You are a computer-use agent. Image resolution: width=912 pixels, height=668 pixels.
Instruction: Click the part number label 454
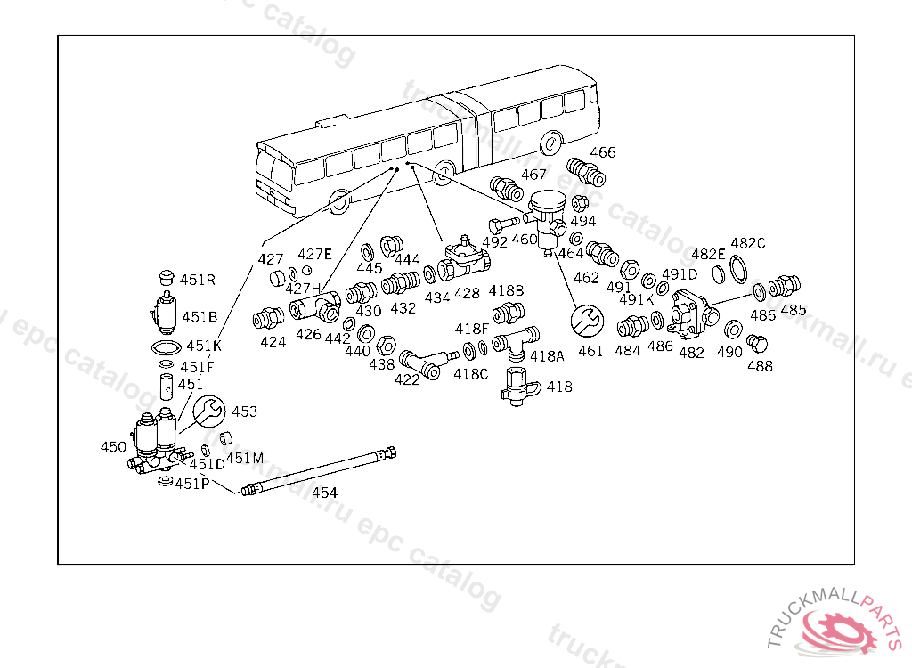324,493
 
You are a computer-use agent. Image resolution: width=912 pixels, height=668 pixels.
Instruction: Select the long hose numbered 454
321,470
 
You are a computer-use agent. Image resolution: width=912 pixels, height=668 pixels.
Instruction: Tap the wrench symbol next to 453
208,411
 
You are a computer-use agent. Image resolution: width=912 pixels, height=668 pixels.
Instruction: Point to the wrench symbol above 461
588,319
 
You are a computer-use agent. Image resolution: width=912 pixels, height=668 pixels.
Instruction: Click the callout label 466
603,152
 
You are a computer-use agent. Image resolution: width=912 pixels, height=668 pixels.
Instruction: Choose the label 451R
198,279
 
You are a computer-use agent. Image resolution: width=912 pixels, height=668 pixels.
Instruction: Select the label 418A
548,355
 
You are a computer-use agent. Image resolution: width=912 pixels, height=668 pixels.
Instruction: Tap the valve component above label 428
467,258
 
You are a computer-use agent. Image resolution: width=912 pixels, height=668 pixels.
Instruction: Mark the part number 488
760,365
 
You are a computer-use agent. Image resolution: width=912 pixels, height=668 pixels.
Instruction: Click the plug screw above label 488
757,343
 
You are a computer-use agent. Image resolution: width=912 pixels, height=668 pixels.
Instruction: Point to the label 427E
314,254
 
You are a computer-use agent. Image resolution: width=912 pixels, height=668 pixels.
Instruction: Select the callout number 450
113,446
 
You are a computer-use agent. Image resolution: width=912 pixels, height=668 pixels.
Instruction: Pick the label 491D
680,273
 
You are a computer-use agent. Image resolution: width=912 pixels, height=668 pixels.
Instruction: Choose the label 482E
709,254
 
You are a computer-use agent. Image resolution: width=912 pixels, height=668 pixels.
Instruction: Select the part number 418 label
559,387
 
